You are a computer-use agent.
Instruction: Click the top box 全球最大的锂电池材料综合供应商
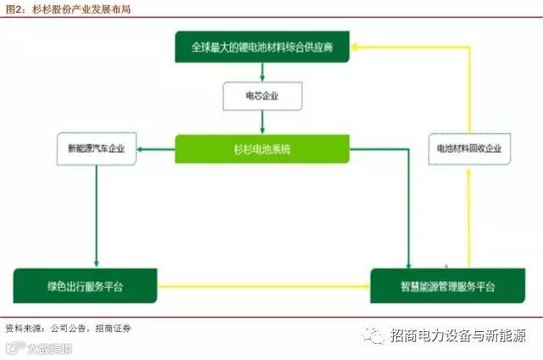tap(262, 48)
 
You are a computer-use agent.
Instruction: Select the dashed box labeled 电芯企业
tap(262, 96)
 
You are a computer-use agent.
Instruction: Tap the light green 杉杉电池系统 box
tap(262, 149)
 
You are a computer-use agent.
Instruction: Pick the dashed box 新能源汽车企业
tap(96, 149)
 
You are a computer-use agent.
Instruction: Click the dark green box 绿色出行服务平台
tap(85, 285)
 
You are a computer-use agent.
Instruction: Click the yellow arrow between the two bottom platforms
tap(263, 286)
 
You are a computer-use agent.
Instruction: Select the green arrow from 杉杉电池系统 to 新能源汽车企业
tap(157, 149)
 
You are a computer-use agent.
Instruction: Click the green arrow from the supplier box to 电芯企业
tap(262, 72)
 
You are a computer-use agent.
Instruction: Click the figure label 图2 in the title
tap(14, 8)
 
